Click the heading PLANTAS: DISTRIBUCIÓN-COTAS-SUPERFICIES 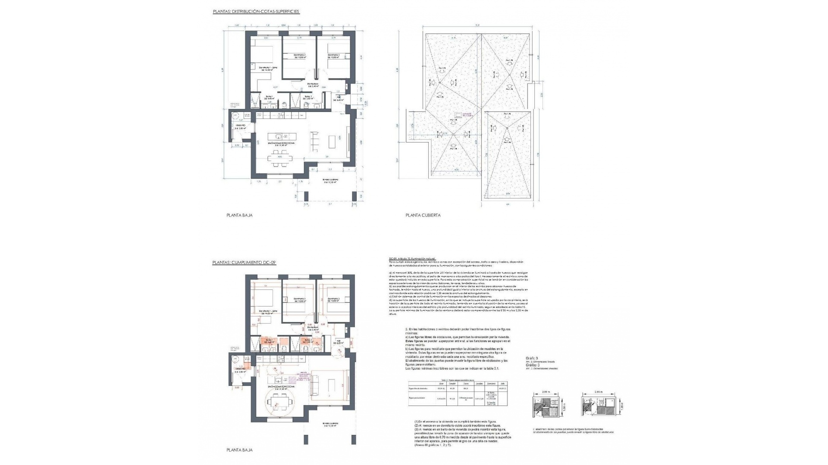256,12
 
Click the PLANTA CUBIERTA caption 423,215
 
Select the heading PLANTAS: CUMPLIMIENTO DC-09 244,262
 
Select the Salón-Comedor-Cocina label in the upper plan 280,145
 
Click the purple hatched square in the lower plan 293,379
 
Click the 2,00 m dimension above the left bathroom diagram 546,393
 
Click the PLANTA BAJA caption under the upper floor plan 239,215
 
